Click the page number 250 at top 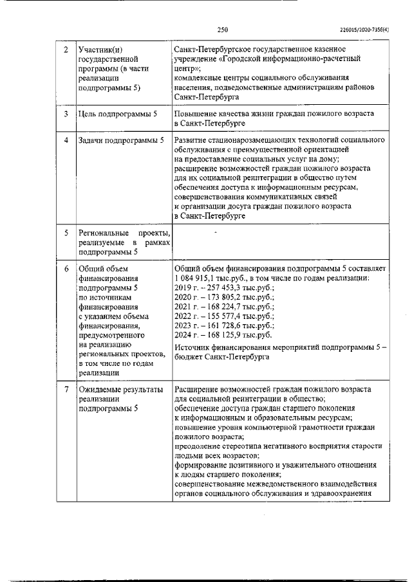pyautogui.click(x=223, y=29)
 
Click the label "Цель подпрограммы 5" pyautogui.click(x=117, y=114)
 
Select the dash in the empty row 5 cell pyautogui.click(x=215, y=230)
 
